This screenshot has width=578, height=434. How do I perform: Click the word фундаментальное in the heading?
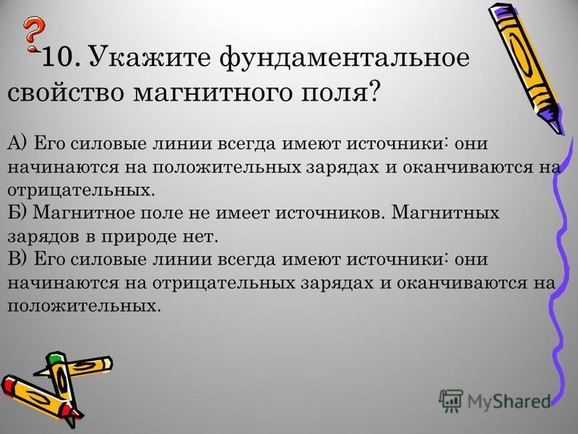click(345, 58)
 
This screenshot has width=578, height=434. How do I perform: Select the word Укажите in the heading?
click(150, 57)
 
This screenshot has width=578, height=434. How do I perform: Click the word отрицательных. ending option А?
click(79, 190)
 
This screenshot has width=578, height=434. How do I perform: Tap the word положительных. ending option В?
click(84, 306)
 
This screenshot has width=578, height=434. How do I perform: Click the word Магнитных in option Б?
click(445, 213)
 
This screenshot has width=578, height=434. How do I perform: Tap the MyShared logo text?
click(509, 401)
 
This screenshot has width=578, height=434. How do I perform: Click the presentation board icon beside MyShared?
click(451, 400)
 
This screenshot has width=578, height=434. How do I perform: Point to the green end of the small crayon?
click(55, 357)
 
